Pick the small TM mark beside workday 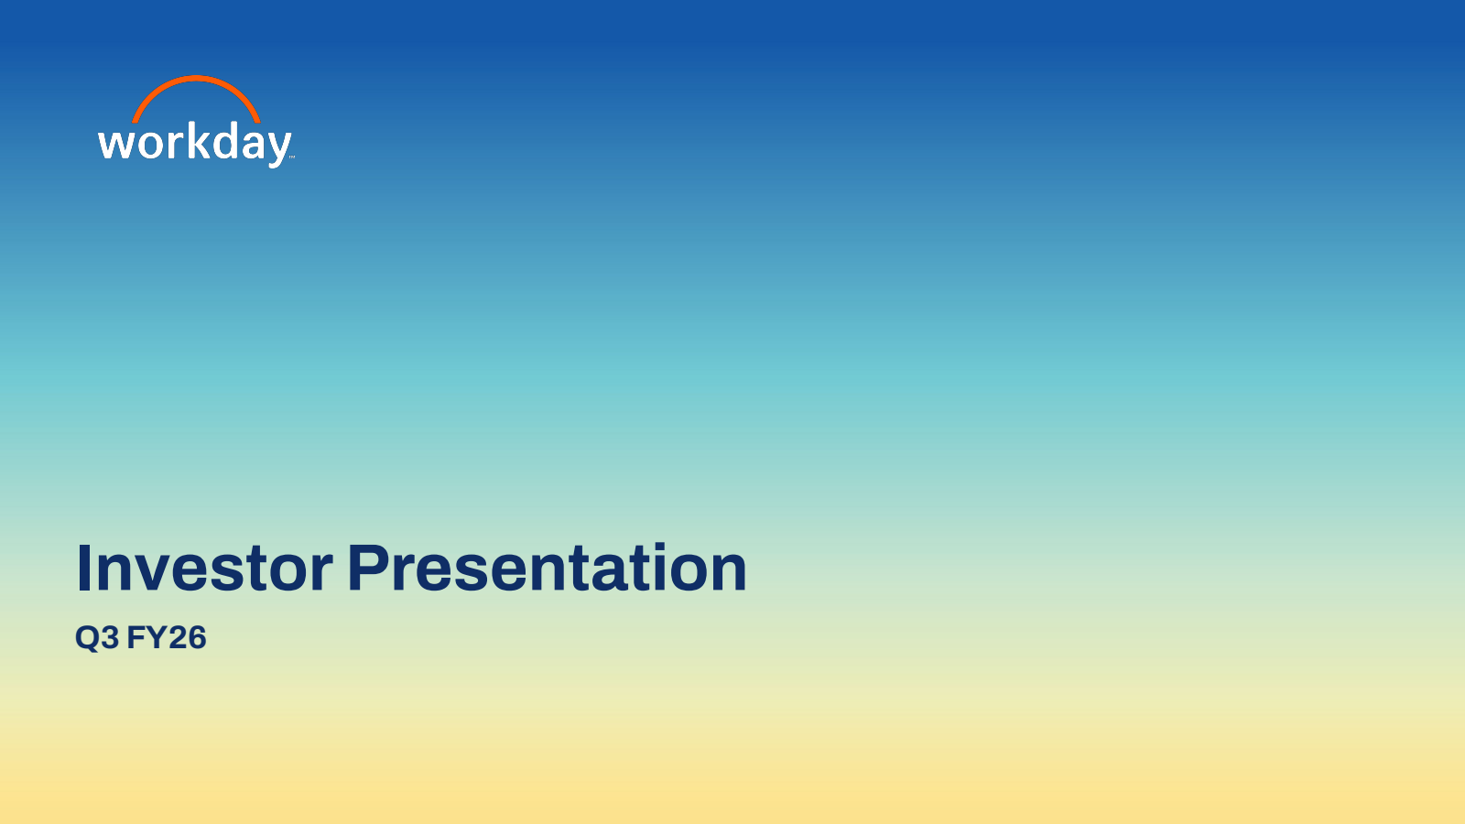[x=292, y=157]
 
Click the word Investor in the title [x=205, y=568]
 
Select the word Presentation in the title [x=548, y=568]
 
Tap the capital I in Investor [x=83, y=568]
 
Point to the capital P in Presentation [x=368, y=568]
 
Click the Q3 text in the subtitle [x=97, y=637]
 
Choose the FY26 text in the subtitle [x=167, y=637]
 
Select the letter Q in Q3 [x=87, y=638]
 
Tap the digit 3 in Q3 [x=111, y=637]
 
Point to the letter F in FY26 [x=136, y=637]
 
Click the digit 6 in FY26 [x=197, y=637]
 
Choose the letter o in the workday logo [x=150, y=146]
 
